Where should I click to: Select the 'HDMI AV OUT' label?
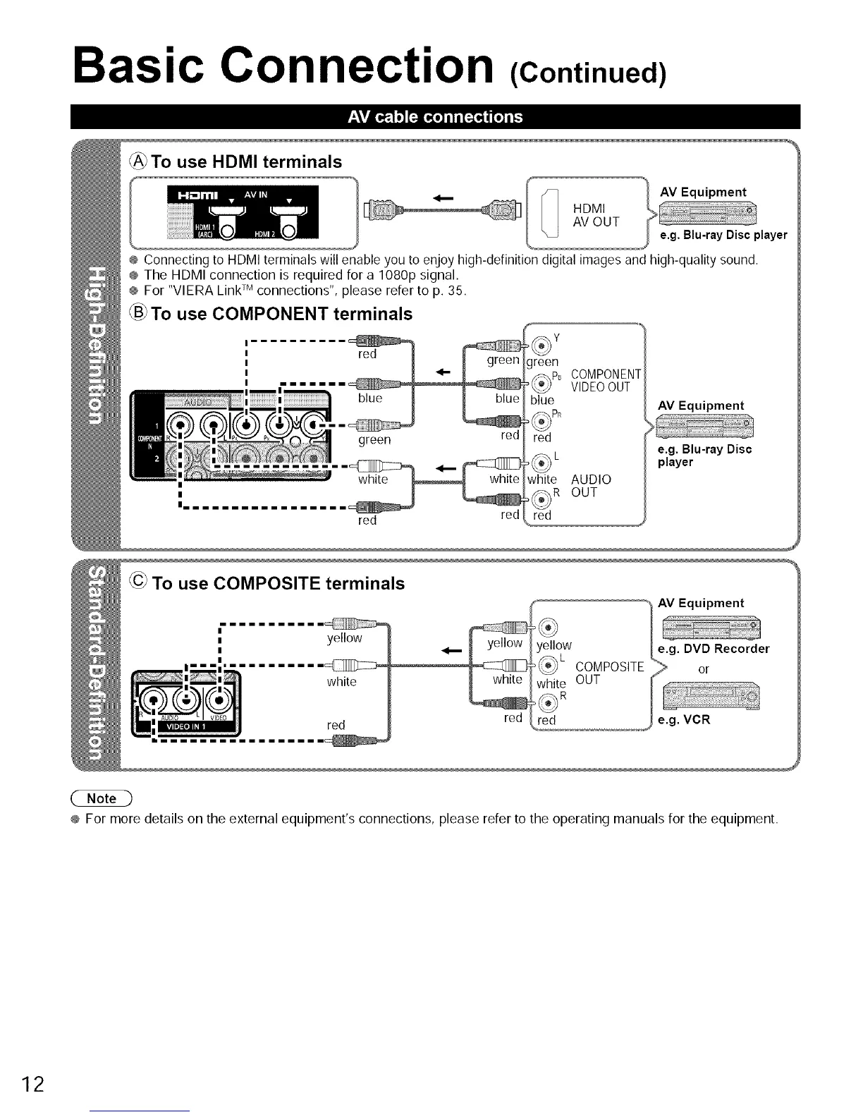[596, 214]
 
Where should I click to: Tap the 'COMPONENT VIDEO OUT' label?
[606, 380]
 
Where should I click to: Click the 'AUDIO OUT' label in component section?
[591, 486]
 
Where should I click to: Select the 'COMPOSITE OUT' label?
[609, 673]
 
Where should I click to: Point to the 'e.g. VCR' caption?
[683, 721]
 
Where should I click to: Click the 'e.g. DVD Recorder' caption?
[713, 649]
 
